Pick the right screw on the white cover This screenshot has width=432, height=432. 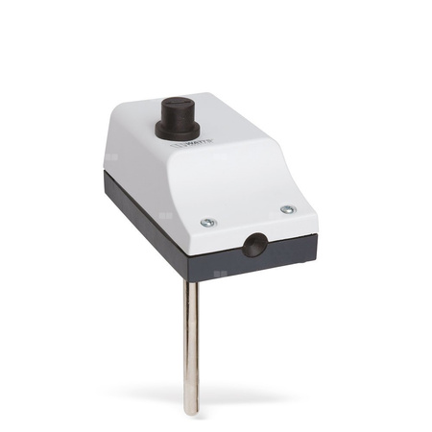[x=286, y=208]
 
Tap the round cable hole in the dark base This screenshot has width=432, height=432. [x=253, y=244]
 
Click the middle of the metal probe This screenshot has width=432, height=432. [x=192, y=346]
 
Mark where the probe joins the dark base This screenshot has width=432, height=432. [x=192, y=279]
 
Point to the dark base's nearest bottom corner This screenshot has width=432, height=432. [x=191, y=278]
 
